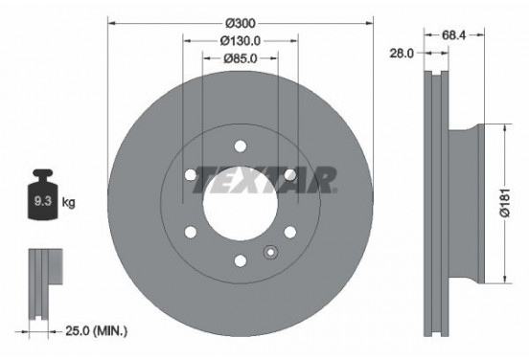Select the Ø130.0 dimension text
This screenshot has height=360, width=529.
click(240, 41)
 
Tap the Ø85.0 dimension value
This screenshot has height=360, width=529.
click(240, 58)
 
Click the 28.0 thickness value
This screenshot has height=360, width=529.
click(401, 55)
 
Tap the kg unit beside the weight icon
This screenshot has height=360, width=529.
click(67, 204)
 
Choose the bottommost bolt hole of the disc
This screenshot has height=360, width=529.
click(240, 259)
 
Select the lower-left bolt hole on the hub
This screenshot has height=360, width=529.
click(190, 231)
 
